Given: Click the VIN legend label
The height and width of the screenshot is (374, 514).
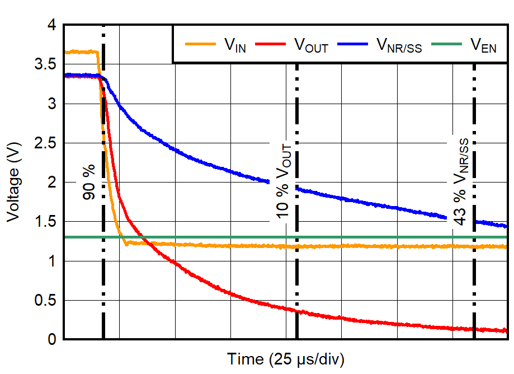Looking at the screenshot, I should click(x=235, y=46).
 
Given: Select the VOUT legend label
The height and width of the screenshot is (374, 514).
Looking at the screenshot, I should click(x=311, y=46).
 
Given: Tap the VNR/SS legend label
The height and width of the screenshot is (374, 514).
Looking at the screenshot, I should click(x=399, y=46).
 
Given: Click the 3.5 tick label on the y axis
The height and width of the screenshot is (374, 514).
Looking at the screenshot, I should click(x=45, y=65).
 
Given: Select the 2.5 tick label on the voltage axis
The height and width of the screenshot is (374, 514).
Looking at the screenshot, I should click(x=45, y=143).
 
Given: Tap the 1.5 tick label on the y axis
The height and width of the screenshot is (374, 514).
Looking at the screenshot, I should click(x=45, y=222).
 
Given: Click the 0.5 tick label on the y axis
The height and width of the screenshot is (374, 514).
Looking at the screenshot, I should click(x=45, y=301).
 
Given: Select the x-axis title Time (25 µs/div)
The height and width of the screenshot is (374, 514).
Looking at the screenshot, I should click(x=285, y=359).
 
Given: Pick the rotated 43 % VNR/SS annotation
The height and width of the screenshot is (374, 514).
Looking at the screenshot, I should click(x=461, y=182).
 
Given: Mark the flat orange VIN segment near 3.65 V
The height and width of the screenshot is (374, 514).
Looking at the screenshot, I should click(x=81, y=52).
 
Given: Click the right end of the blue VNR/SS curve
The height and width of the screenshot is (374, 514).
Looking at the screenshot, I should click(x=505, y=226).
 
